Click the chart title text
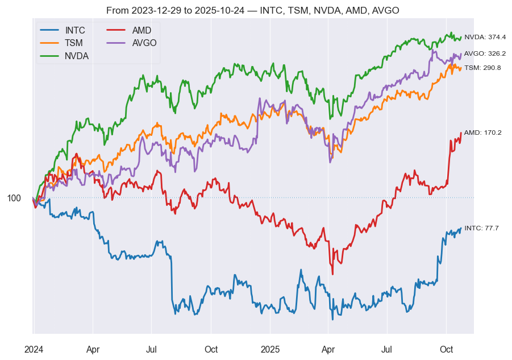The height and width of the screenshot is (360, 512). [252, 11]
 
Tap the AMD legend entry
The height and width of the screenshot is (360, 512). [141, 30]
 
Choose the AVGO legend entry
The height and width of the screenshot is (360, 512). [144, 43]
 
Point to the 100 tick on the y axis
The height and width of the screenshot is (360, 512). [14, 198]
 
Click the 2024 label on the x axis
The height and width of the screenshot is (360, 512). [34, 349]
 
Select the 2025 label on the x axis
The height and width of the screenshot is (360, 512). [270, 349]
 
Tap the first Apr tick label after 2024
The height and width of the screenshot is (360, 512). [93, 349]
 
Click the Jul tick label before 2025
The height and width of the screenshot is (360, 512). [152, 349]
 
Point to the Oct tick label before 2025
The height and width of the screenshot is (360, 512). [211, 349]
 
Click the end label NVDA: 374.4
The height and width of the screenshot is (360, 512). [485, 37]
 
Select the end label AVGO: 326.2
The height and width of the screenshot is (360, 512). [485, 53]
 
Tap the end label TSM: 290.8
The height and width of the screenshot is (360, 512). [482, 68]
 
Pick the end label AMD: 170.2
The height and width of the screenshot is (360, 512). [482, 133]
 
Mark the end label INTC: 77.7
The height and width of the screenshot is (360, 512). [481, 228]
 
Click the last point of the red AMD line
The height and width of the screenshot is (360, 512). [461, 133]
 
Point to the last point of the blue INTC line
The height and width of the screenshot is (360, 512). [461, 229]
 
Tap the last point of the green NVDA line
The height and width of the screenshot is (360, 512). [461, 38]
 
